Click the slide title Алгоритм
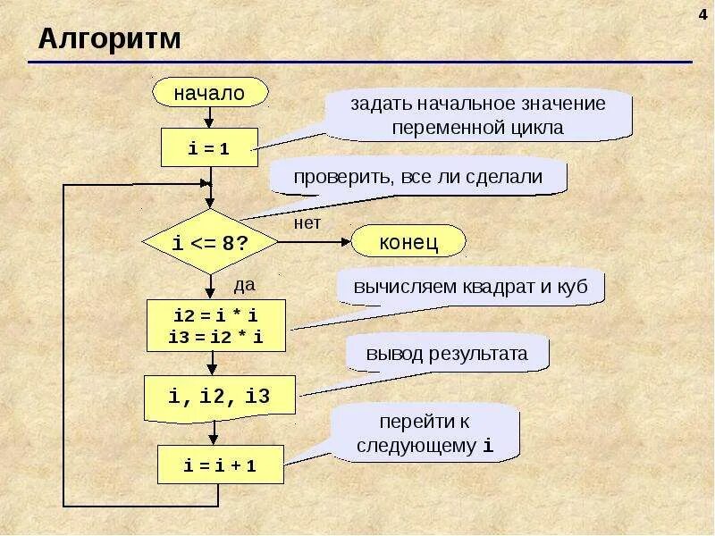109,39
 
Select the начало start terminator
210,92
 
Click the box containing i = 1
209,148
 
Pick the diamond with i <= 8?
209,242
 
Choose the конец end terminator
408,242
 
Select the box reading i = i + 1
220,466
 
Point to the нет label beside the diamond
307,223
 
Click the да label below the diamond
244,286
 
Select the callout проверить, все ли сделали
418,177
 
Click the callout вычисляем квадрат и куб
471,289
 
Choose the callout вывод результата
446,354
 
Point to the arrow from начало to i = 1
209,117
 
